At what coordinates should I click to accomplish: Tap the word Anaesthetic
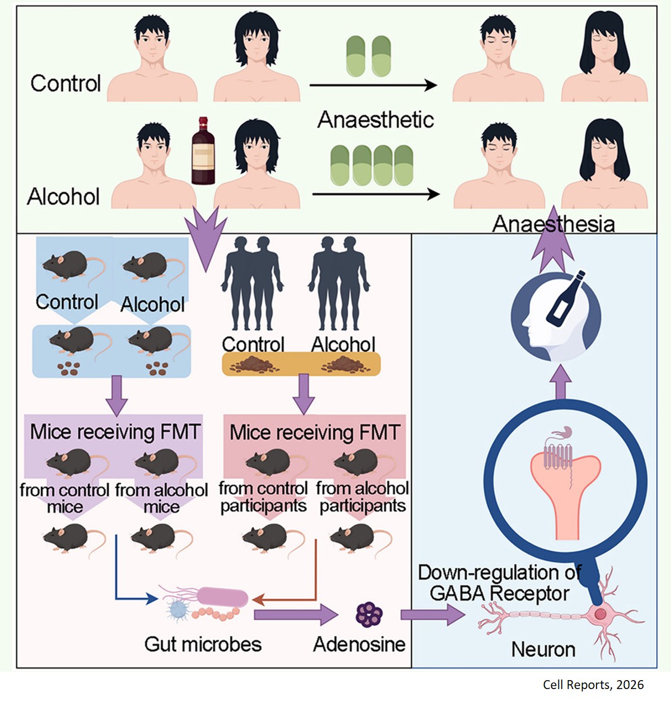click(x=375, y=119)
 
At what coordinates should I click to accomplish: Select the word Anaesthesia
click(x=553, y=224)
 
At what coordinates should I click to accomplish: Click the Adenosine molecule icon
click(x=369, y=614)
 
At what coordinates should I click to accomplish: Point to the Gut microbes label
click(x=203, y=644)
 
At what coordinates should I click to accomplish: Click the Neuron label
click(x=543, y=649)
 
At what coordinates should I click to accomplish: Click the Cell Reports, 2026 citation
click(x=593, y=685)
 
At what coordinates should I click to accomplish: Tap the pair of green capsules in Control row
click(x=369, y=56)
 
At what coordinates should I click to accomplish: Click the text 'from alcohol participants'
click(x=362, y=497)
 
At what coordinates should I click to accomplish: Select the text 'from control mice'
click(x=64, y=498)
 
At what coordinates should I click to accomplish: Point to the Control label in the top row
click(x=66, y=83)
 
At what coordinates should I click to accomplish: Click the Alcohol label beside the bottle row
click(x=63, y=196)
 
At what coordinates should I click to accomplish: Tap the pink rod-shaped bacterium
click(x=222, y=597)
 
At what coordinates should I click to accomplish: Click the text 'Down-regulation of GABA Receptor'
click(x=499, y=583)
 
